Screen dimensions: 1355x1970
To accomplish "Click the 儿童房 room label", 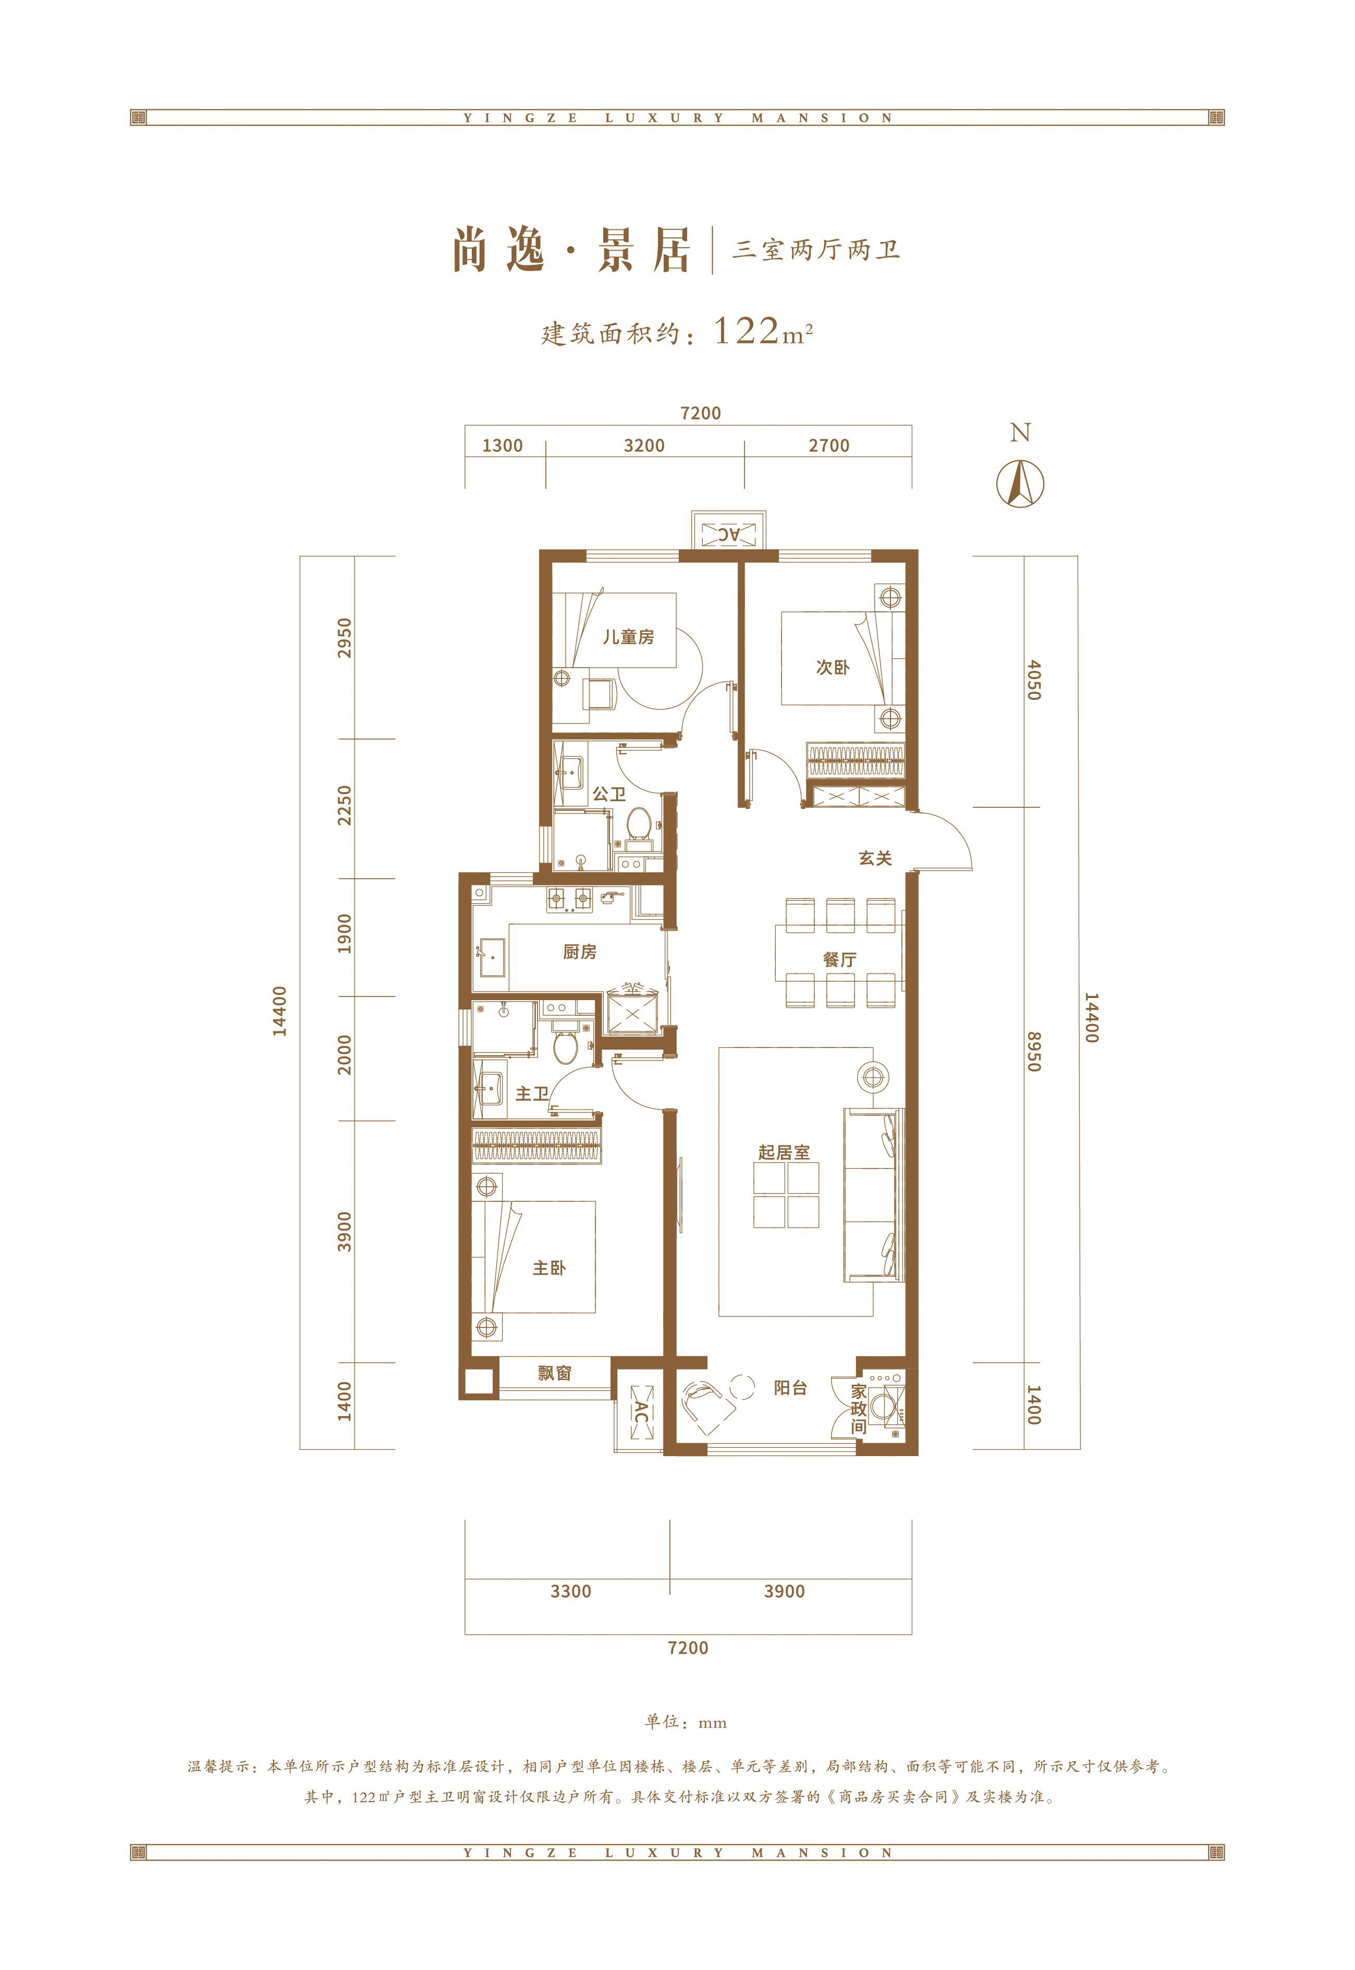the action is click(x=628, y=636).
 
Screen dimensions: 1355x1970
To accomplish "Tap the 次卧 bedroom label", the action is click(x=832, y=667).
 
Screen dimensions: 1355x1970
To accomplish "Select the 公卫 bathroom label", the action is click(x=609, y=794).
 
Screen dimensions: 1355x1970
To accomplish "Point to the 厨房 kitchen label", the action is click(x=580, y=952).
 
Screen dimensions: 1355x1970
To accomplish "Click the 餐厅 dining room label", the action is click(x=839, y=959).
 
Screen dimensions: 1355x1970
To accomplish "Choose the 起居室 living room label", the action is click(x=784, y=1152).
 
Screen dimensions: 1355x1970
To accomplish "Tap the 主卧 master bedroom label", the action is click(x=548, y=1268).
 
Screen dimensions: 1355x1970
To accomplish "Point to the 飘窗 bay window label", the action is click(x=554, y=1372).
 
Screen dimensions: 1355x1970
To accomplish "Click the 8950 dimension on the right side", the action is click(x=1033, y=1052).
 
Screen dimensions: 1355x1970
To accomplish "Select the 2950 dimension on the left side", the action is click(x=344, y=638).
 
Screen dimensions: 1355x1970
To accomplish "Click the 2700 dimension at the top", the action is click(x=828, y=446).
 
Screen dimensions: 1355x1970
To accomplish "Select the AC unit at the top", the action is click(x=728, y=534).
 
